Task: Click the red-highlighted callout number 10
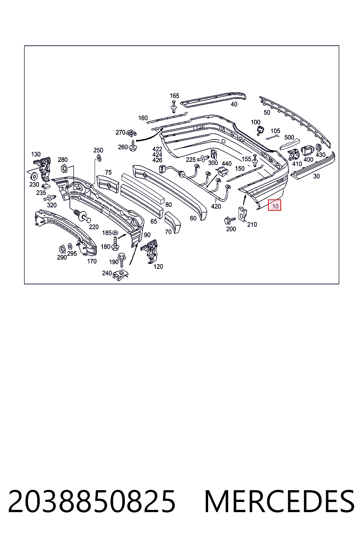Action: point(275,206)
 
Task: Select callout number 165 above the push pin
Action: point(174,96)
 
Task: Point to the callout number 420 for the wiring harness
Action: point(216,206)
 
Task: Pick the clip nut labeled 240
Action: point(121,275)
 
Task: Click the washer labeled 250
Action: point(99,158)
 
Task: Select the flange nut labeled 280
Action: point(64,168)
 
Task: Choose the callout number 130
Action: point(36,154)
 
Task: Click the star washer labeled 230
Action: point(34,175)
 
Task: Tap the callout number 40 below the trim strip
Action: point(234,104)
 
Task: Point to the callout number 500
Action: point(289,137)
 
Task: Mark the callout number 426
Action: point(157,160)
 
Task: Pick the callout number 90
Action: point(147,235)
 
